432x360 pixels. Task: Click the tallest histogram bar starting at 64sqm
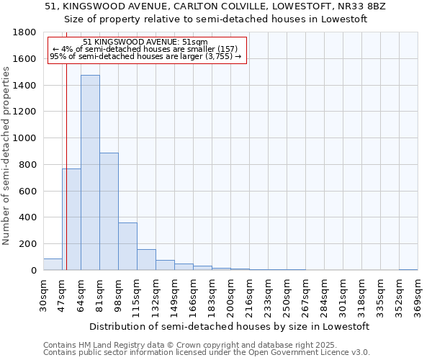[90, 173]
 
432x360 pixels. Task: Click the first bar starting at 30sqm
[53, 264]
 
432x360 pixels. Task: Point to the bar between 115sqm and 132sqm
[146, 260]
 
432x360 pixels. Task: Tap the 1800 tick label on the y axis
[25, 32]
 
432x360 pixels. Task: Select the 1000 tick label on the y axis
[25, 138]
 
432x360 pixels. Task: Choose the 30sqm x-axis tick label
[43, 294]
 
